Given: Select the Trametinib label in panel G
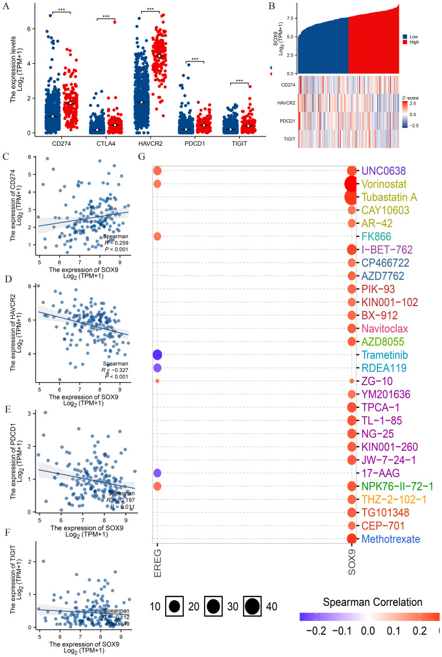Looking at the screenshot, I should pyautogui.click(x=386, y=354).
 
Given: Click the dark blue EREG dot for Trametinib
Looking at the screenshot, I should pyautogui.click(x=157, y=355).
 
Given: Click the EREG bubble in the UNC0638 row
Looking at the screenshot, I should pyautogui.click(x=157, y=171).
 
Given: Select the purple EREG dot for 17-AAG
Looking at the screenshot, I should pyautogui.click(x=157, y=473).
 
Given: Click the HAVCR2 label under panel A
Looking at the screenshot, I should pyautogui.click(x=150, y=142).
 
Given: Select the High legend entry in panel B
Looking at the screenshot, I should pyautogui.click(x=415, y=43).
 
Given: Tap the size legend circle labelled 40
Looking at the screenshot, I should pyautogui.click(x=251, y=606).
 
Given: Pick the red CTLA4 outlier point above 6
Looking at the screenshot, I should pyautogui.click(x=115, y=22).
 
